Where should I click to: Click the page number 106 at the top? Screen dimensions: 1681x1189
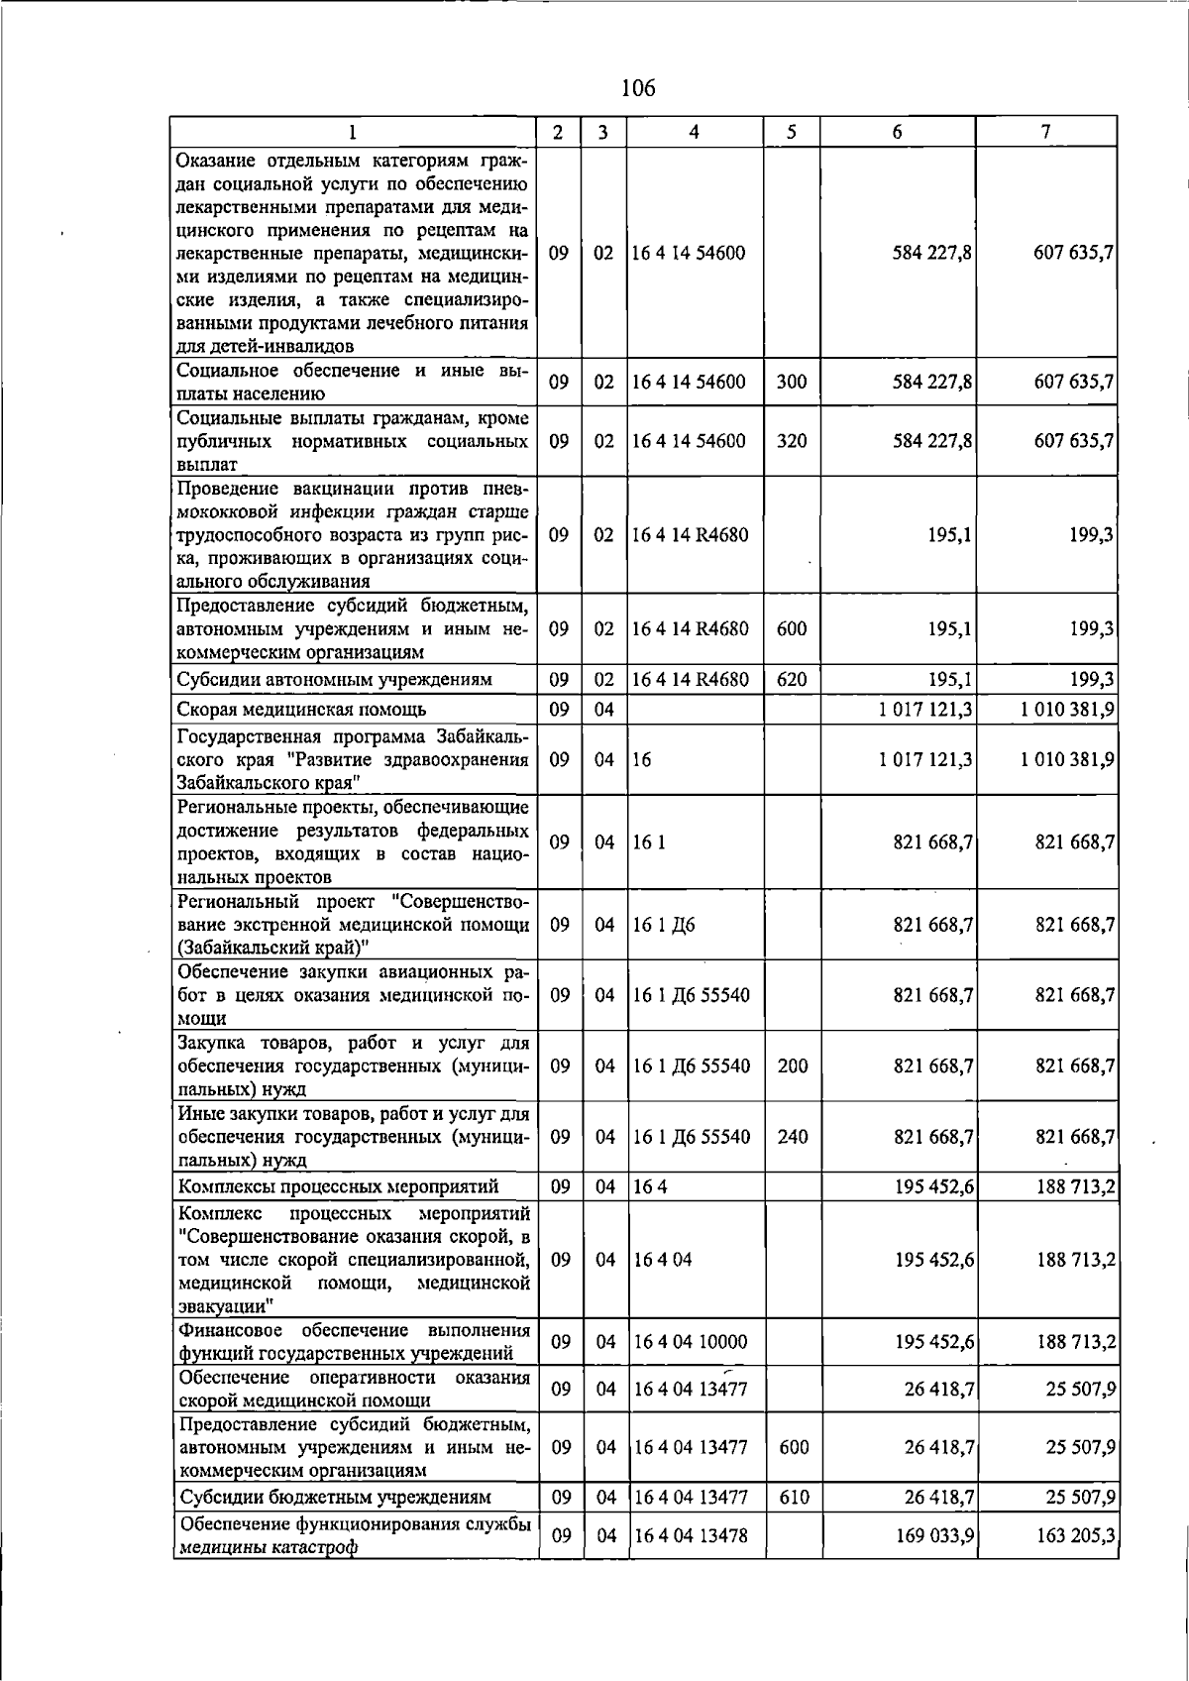point(637,89)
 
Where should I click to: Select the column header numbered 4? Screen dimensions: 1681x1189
point(694,132)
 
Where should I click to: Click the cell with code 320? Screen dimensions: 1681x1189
point(791,441)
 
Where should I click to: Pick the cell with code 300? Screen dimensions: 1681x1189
point(791,382)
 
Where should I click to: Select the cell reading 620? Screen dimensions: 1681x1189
point(791,679)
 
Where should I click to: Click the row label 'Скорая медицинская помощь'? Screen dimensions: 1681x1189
point(301,709)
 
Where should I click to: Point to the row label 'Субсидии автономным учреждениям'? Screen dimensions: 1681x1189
point(334,680)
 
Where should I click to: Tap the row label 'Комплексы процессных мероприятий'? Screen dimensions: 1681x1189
point(337,1186)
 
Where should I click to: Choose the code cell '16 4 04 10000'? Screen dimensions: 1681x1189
point(690,1342)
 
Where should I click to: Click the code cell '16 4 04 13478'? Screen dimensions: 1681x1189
point(690,1535)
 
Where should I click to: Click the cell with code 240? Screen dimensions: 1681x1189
point(792,1137)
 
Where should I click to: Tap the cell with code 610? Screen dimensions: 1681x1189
point(794,1497)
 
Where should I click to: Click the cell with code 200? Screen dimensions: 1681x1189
point(792,1066)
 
